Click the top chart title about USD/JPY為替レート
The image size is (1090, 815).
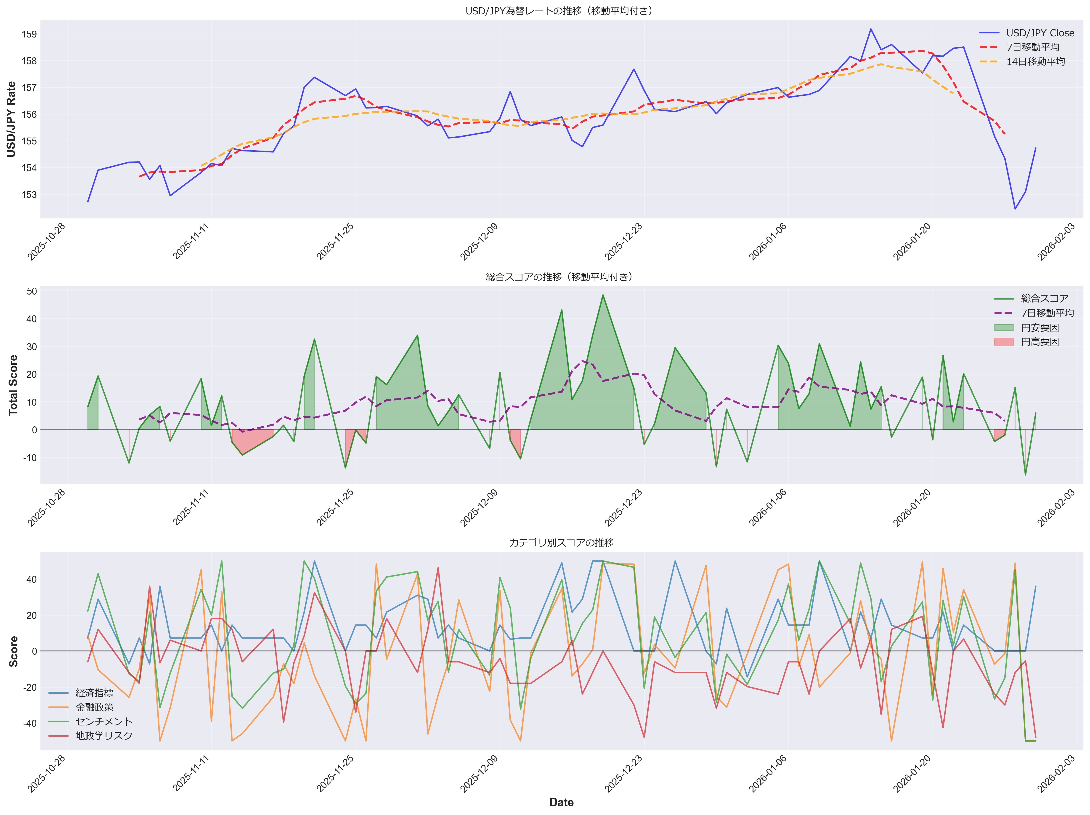click(561, 11)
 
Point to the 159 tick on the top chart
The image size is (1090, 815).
click(29, 35)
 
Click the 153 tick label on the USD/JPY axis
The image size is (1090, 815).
click(29, 195)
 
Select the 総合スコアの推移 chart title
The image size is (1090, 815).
click(561, 277)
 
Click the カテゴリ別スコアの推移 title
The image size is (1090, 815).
click(561, 542)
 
